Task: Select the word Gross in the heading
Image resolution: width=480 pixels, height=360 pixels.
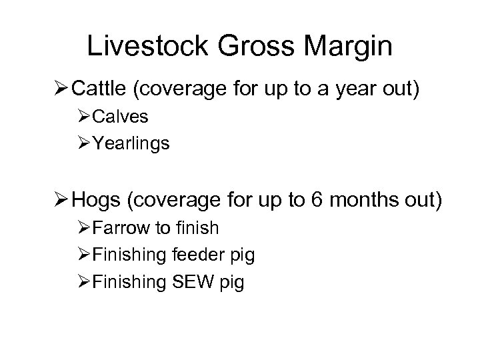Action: click(x=251, y=46)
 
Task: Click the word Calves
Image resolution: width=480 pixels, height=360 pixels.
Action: click(x=121, y=117)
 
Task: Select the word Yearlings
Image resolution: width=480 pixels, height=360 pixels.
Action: click(x=131, y=143)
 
